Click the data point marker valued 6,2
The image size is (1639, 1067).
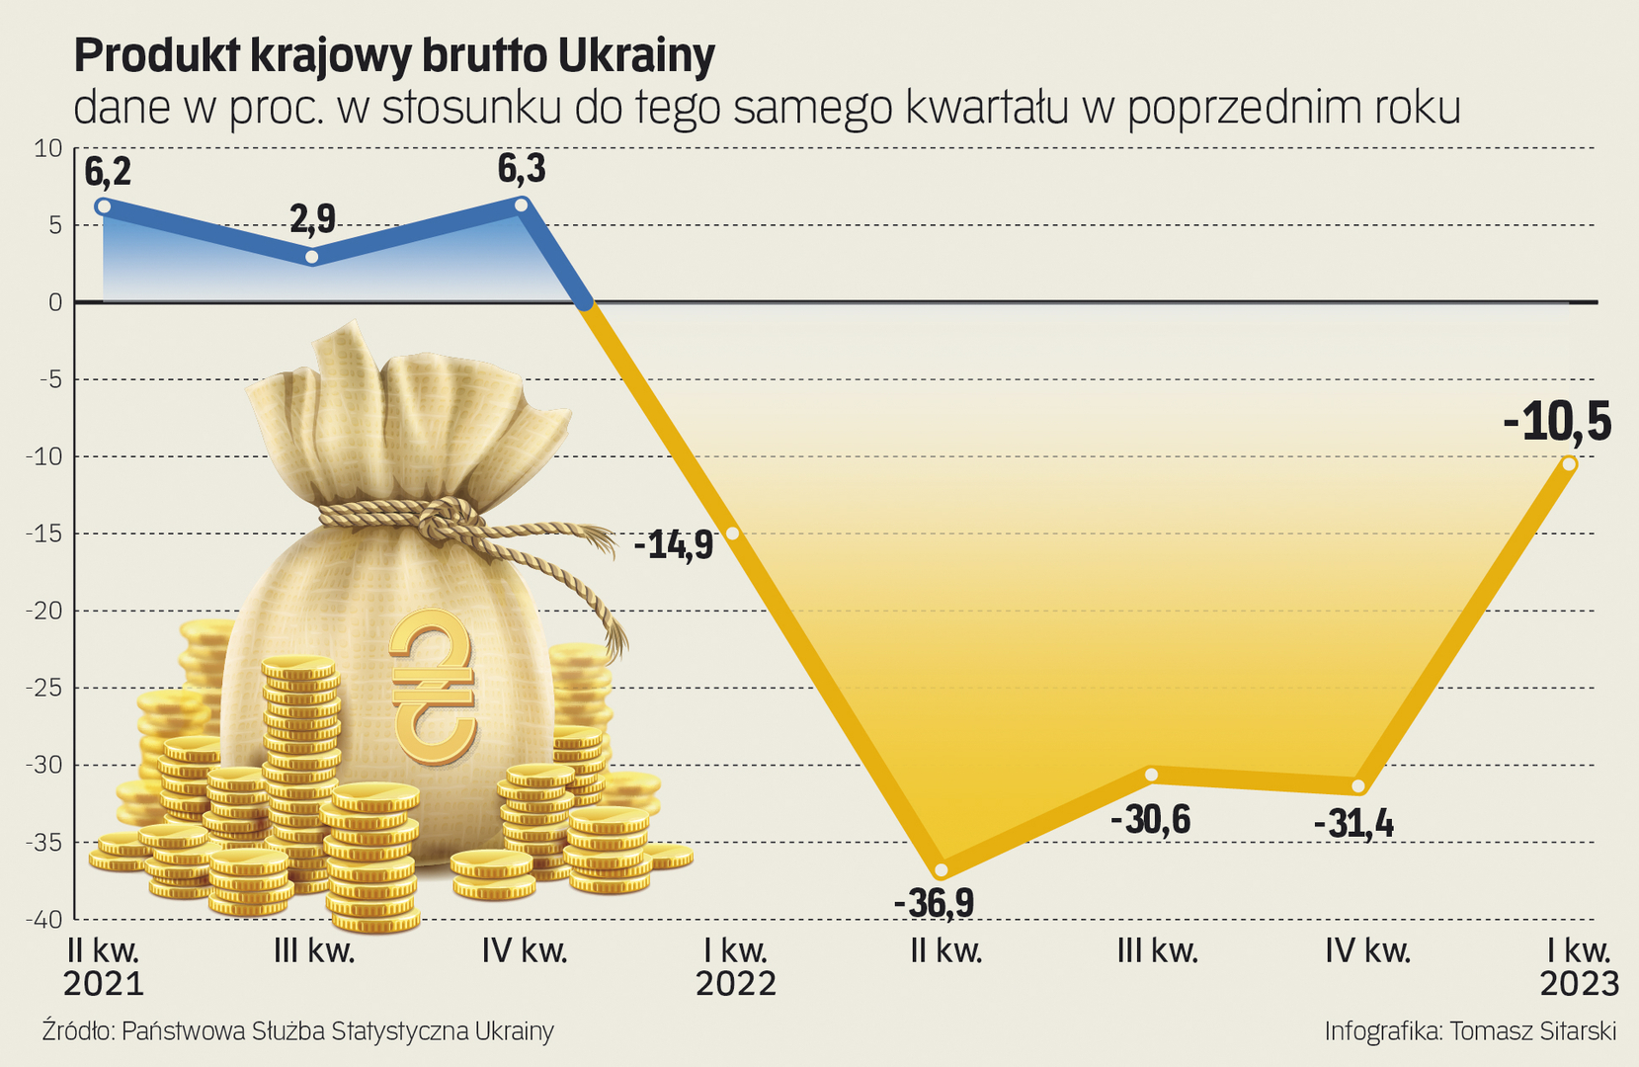coord(103,206)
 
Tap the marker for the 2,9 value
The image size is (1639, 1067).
coord(312,257)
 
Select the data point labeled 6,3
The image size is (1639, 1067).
coord(522,205)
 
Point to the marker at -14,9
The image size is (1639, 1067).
coord(733,533)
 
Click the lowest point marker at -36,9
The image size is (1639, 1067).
coord(942,870)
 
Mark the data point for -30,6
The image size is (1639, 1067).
coord(1151,775)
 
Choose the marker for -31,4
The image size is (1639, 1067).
coord(1358,786)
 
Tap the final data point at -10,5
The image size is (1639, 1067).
coord(1569,464)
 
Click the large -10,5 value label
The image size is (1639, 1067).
coord(1557,422)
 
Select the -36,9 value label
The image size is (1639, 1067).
coord(934,903)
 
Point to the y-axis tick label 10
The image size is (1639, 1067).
coord(47,149)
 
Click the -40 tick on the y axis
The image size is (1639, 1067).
coord(43,920)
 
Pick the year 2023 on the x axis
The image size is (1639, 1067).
coord(1580,984)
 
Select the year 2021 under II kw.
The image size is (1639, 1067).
coord(104,984)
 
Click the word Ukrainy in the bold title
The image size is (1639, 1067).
coord(636,57)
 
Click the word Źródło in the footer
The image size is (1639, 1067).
coord(78,1031)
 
